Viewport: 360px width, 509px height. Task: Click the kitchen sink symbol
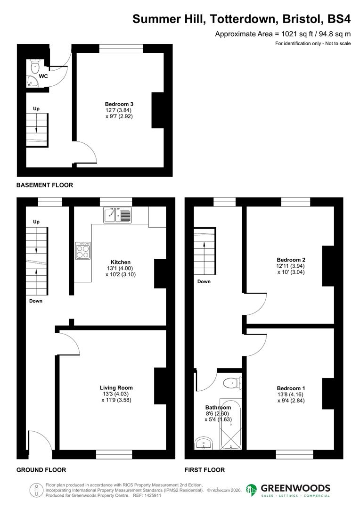pyautogui.click(x=118, y=215)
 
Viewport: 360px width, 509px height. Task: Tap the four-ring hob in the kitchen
pyautogui.click(x=83, y=250)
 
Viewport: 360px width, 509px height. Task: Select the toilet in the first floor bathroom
pyautogui.click(x=232, y=383)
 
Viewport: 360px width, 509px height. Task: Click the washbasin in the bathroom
pyautogui.click(x=204, y=443)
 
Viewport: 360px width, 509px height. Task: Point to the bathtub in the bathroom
pyautogui.click(x=231, y=424)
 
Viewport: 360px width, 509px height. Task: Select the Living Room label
pyautogui.click(x=116, y=388)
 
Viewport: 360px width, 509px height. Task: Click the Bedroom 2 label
pyautogui.click(x=291, y=260)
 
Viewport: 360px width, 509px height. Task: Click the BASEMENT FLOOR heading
pyautogui.click(x=45, y=185)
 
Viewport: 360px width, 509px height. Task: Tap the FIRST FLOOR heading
pyautogui.click(x=205, y=470)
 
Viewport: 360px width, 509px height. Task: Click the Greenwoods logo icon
pyautogui.click(x=252, y=490)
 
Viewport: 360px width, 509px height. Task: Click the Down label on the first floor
pyautogui.click(x=204, y=281)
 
